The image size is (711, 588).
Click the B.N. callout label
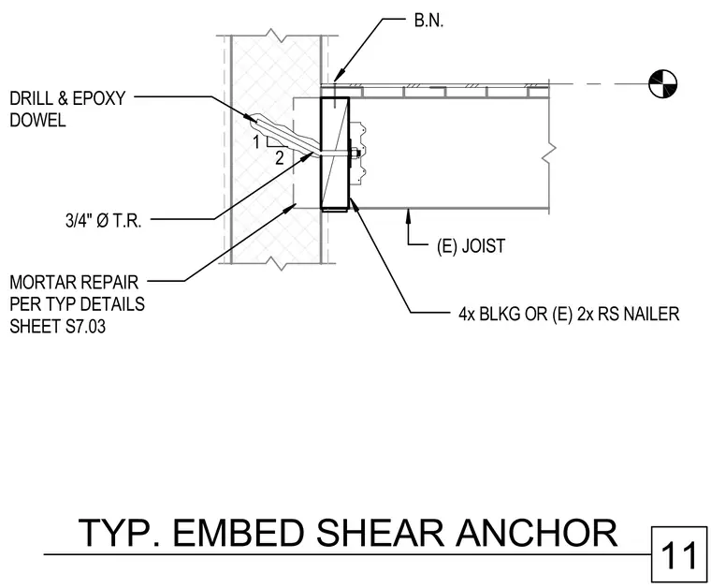[428, 21]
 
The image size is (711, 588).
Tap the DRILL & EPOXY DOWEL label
[67, 110]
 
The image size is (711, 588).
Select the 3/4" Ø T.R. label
[104, 221]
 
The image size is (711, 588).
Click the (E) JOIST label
[471, 246]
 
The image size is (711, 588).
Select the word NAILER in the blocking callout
[652, 314]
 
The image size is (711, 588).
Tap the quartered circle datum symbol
[662, 83]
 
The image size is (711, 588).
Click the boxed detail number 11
[679, 555]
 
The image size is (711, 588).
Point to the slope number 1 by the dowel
[256, 142]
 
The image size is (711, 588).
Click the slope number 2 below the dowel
[280, 158]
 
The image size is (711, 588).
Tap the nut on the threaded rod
[355, 154]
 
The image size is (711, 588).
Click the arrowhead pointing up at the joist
[409, 213]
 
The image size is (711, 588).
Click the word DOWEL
[37, 120]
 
